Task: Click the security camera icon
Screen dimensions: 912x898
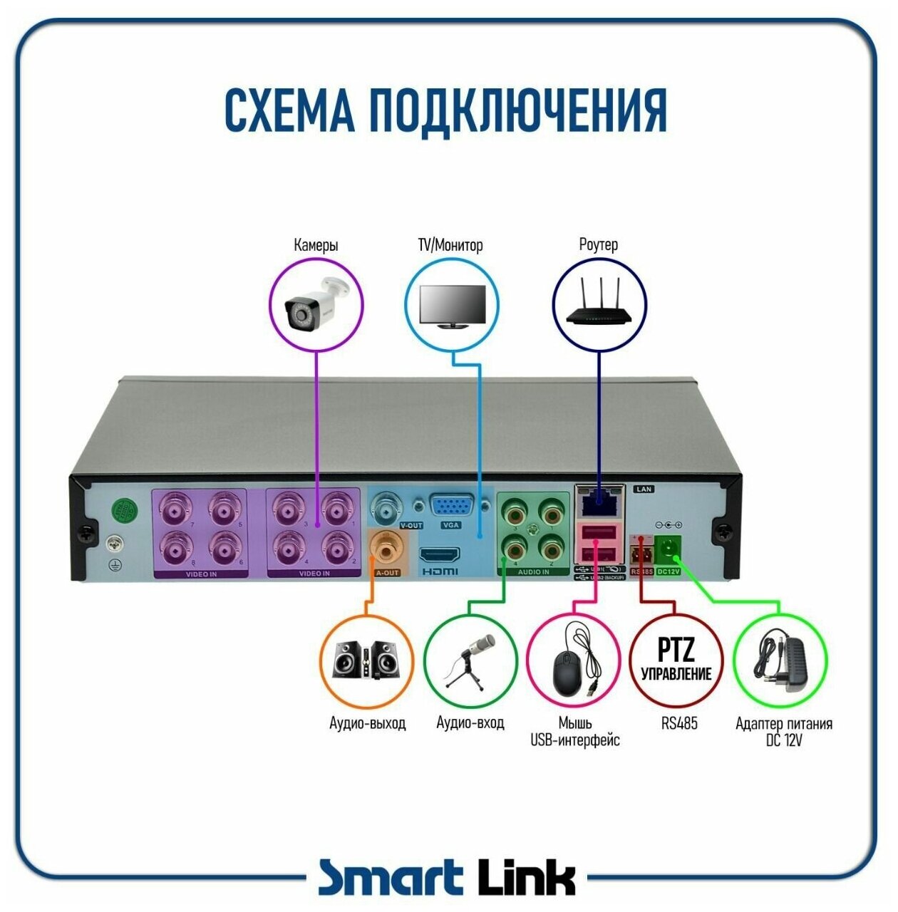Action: tap(316, 305)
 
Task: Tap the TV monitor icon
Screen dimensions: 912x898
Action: tap(451, 306)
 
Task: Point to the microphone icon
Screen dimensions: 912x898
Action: tap(470, 659)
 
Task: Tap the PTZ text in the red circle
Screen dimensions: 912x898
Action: tap(676, 649)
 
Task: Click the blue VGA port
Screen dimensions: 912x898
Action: tap(450, 507)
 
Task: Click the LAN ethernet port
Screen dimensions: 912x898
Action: tap(599, 502)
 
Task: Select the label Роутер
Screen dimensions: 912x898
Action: tap(598, 245)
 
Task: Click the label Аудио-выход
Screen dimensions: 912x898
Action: tap(367, 723)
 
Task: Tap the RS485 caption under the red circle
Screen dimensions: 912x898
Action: tap(678, 723)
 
